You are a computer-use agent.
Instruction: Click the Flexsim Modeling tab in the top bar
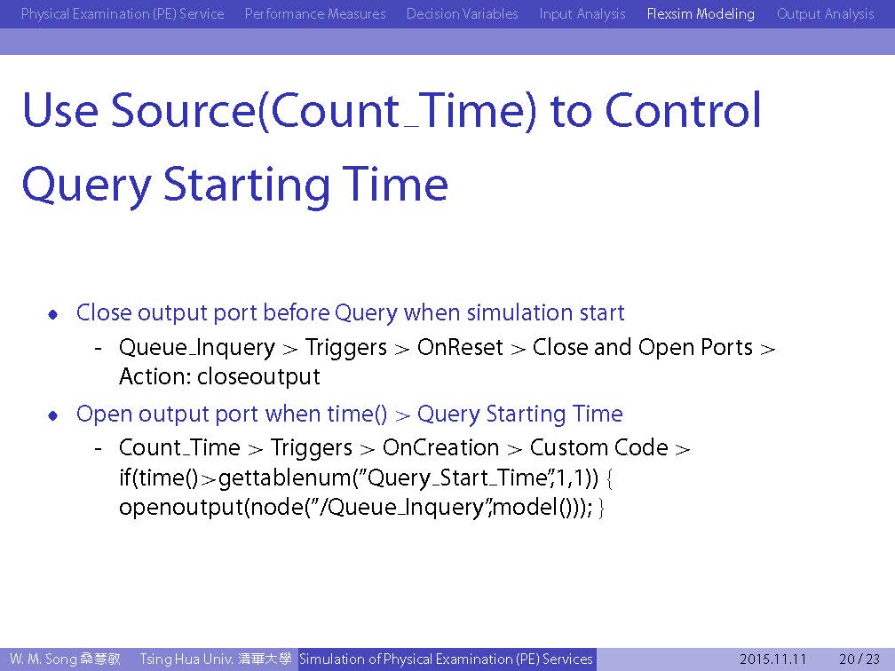coord(701,13)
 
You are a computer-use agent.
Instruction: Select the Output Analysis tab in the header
coord(826,13)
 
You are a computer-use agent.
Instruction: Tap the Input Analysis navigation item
coord(582,13)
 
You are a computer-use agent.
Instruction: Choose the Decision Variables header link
coord(462,13)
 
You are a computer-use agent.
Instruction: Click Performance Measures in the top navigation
coord(315,13)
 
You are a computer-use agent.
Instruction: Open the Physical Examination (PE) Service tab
coord(123,13)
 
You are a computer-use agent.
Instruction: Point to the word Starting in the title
coord(246,185)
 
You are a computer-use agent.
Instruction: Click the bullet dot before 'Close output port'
coord(53,314)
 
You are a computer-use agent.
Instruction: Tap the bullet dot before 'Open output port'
coord(53,415)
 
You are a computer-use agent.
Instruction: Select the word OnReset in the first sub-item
coord(460,348)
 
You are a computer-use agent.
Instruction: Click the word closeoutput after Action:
coord(258,376)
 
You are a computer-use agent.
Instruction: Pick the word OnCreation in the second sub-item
coord(440,448)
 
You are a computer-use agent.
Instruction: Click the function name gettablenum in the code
coord(285,478)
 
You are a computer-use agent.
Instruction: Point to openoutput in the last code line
coord(181,508)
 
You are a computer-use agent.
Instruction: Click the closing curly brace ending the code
coord(602,508)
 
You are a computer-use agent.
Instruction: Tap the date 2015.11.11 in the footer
coord(772,659)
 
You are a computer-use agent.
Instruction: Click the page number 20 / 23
coord(859,659)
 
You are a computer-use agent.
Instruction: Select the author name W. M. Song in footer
coord(43,659)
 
